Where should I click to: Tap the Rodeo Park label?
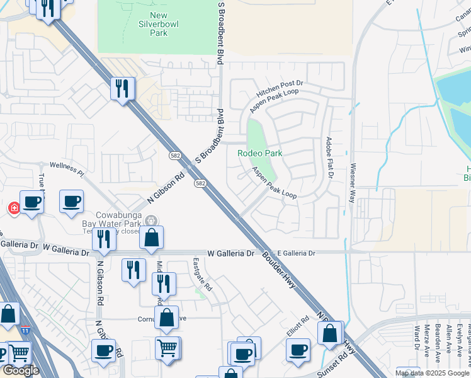pyautogui.click(x=259, y=153)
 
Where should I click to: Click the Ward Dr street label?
pyautogui.click(x=417, y=338)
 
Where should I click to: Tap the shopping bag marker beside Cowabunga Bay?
pyautogui.click(x=152, y=238)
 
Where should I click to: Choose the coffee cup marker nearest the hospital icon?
pyautogui.click(x=31, y=202)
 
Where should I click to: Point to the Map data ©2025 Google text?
pyautogui.click(x=432, y=373)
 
